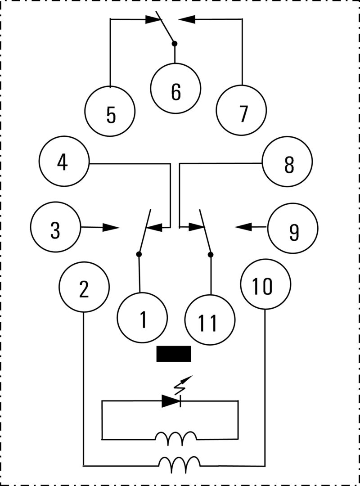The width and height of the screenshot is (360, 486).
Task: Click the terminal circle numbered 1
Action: tap(142, 317)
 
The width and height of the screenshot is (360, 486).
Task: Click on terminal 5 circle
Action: tap(110, 111)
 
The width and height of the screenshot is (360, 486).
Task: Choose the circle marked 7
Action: tap(242, 111)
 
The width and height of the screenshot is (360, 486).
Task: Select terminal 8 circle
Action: tap(288, 162)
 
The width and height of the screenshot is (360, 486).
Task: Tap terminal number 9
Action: tap(293, 228)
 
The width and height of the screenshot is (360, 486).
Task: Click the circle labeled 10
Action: tap(265, 283)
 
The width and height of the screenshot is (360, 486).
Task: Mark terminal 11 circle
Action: tap(210, 320)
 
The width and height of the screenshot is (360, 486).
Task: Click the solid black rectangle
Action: tap(174, 354)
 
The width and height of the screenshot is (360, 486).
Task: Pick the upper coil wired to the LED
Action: tap(176, 438)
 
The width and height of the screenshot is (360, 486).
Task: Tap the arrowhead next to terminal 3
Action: tap(110, 227)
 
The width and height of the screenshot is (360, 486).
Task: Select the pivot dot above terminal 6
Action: tap(175, 44)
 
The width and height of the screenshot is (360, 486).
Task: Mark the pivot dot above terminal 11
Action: tap(210, 255)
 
